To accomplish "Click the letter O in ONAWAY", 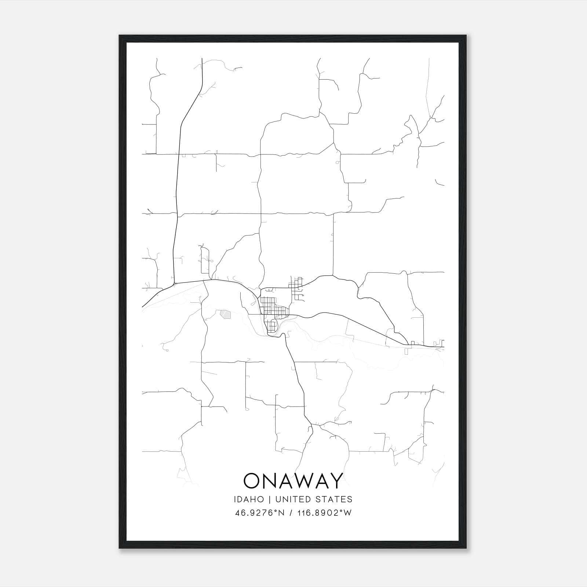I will pyautogui.click(x=252, y=481).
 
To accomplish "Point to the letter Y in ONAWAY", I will pyautogui.click(x=336, y=481).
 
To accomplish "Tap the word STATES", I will pyautogui.click(x=336, y=499).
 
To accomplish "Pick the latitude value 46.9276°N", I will pyautogui.click(x=260, y=513).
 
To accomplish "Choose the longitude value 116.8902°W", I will pyautogui.click(x=324, y=513).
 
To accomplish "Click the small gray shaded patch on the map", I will pyautogui.click(x=225, y=314).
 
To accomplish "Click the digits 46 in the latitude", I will pyautogui.click(x=239, y=513).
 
